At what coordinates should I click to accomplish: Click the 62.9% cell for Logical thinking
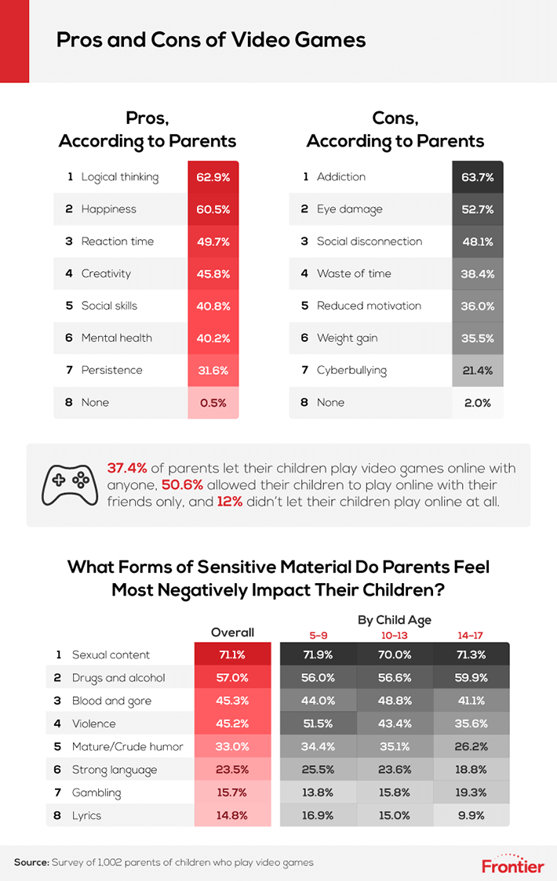(x=213, y=177)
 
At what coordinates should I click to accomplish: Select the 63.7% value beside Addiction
(x=478, y=177)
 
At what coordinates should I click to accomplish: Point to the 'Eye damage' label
(x=349, y=209)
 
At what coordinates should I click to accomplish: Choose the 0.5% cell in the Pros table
(x=213, y=403)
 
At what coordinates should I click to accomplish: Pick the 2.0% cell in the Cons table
(x=478, y=403)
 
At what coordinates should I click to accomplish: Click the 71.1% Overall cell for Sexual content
(x=232, y=655)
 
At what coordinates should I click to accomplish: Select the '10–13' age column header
(x=394, y=636)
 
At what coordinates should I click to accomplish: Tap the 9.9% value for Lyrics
(x=471, y=815)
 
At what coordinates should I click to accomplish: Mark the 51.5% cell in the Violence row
(x=318, y=723)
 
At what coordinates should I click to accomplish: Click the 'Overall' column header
(x=232, y=633)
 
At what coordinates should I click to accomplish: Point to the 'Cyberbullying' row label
(x=351, y=371)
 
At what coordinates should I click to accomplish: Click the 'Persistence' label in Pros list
(x=112, y=370)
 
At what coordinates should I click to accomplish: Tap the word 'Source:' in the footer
(x=31, y=862)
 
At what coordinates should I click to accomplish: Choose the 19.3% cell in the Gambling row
(x=471, y=792)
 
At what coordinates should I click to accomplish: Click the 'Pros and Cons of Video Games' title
(x=211, y=39)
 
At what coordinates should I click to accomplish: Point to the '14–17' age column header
(x=471, y=636)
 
